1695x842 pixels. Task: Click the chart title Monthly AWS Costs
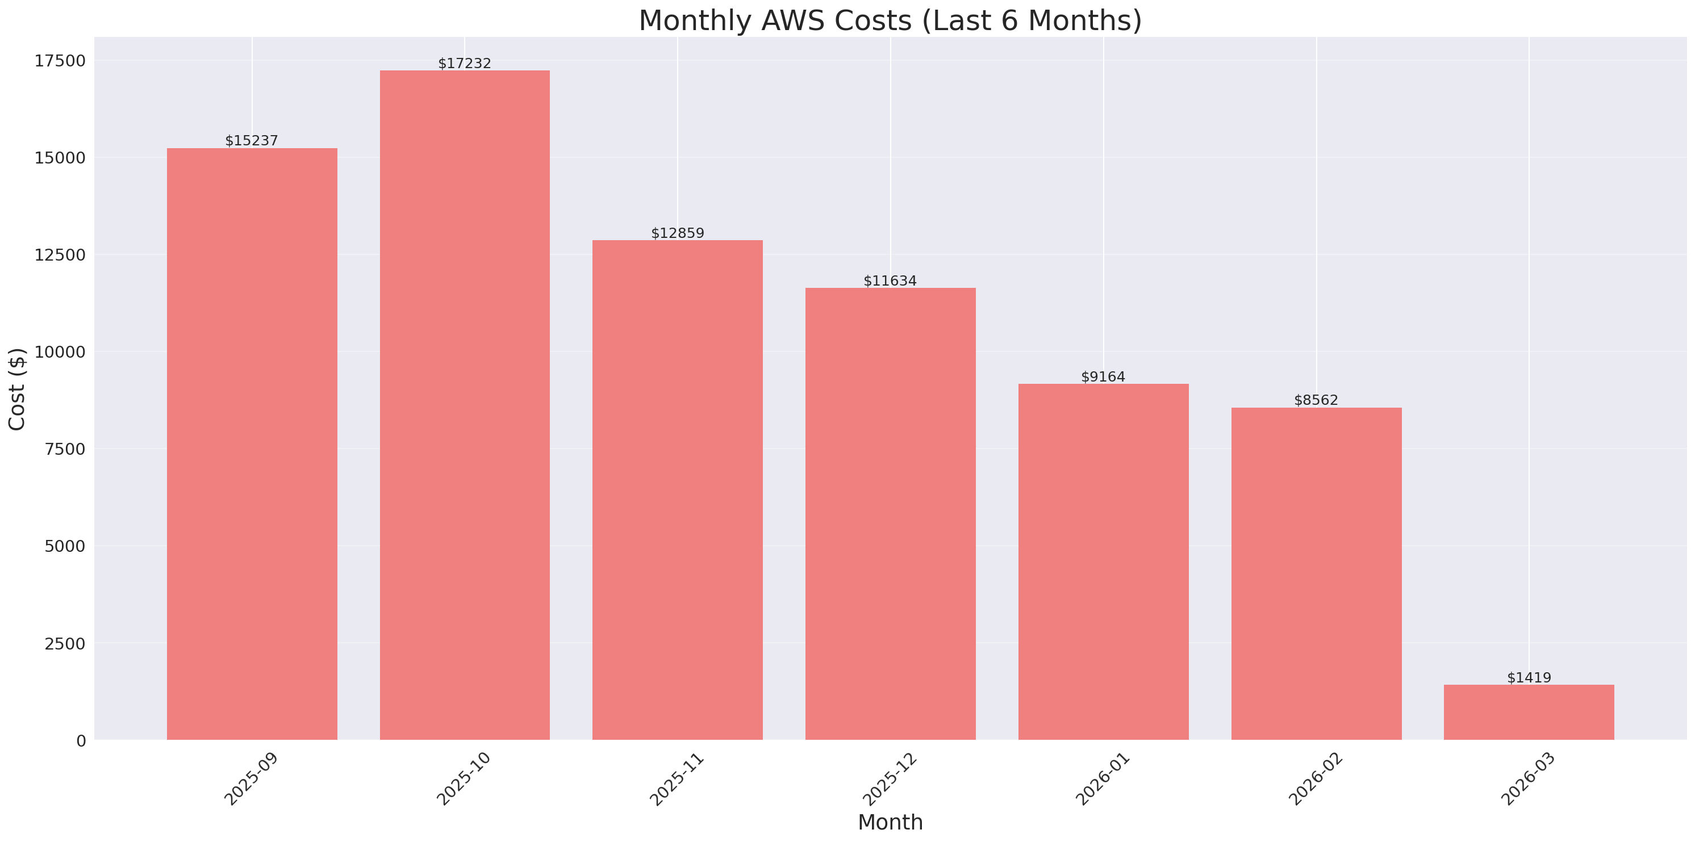(890, 20)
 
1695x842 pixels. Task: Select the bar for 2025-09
(252, 444)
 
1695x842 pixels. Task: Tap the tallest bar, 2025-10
(465, 405)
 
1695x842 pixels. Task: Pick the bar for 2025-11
(677, 490)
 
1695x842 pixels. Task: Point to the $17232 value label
(465, 63)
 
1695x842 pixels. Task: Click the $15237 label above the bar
(252, 141)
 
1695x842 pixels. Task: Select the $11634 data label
(890, 281)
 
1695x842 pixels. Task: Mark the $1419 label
(1529, 677)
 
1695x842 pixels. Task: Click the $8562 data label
(1316, 400)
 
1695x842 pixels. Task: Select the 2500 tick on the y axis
(65, 643)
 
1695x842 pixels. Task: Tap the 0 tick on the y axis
(81, 741)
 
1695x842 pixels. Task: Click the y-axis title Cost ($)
(17, 389)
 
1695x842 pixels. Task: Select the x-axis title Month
(890, 822)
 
